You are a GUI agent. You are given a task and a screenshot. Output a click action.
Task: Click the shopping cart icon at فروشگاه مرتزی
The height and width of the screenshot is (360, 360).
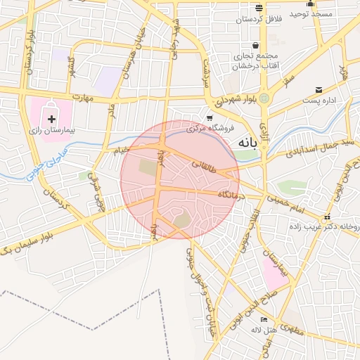click(x=210, y=118)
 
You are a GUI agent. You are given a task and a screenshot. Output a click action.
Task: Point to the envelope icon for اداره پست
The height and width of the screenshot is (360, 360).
click(x=320, y=89)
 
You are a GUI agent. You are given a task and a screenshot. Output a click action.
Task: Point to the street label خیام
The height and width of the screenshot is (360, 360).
click(x=122, y=149)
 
